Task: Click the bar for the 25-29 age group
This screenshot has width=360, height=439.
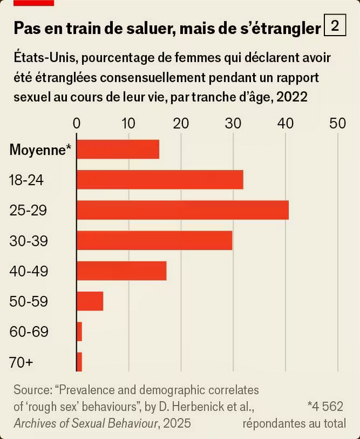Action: pyautogui.click(x=182, y=210)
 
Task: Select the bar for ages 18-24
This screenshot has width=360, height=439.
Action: pyautogui.click(x=159, y=180)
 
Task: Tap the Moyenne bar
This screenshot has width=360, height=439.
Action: pyautogui.click(x=118, y=149)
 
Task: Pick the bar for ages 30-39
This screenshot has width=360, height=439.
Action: pyautogui.click(x=154, y=241)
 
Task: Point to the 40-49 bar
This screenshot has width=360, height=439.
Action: pyautogui.click(x=121, y=271)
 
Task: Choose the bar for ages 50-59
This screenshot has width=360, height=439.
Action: pyautogui.click(x=90, y=301)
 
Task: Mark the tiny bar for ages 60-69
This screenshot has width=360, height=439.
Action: pyautogui.click(x=79, y=332)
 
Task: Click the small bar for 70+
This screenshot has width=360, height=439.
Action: pyautogui.click(x=79, y=362)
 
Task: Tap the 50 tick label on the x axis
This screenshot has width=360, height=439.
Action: pyautogui.click(x=337, y=123)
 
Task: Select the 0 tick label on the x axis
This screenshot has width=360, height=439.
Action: pyautogui.click(x=77, y=123)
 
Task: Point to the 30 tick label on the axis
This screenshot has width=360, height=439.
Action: pyautogui.click(x=233, y=123)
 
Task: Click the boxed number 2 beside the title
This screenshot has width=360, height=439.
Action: pyautogui.click(x=335, y=25)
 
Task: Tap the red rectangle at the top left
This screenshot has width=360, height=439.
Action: pyautogui.click(x=33, y=2)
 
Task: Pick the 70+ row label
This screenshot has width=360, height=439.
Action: pyautogui.click(x=22, y=362)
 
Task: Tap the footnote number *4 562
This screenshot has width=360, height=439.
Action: pyautogui.click(x=325, y=407)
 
